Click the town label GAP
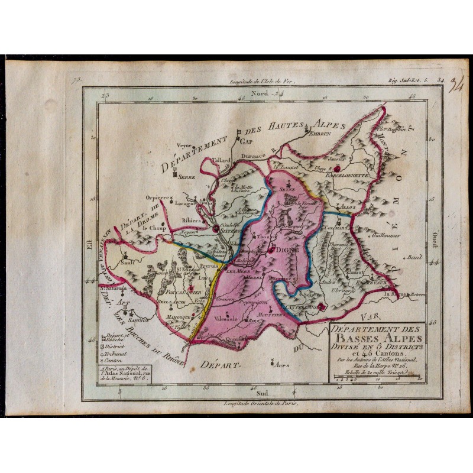(x=244, y=142)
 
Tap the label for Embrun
(x=316, y=134)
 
